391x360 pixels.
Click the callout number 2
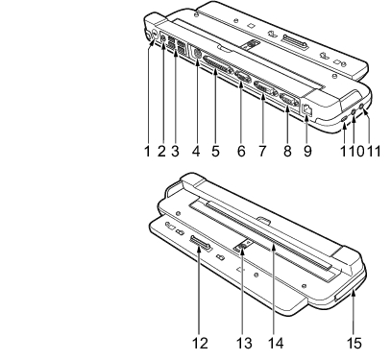click(x=161, y=151)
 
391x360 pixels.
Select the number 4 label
click(x=196, y=151)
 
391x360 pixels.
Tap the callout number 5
click(x=215, y=151)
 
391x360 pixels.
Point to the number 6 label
click(x=241, y=151)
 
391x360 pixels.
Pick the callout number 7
click(x=262, y=151)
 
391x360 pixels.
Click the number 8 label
click(x=287, y=151)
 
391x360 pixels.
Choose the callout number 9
click(x=307, y=151)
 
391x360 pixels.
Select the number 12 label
click(x=200, y=344)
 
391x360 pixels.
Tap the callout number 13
click(x=244, y=344)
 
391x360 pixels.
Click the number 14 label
click(x=276, y=344)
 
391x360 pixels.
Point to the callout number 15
click(x=354, y=344)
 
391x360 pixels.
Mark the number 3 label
click(x=175, y=151)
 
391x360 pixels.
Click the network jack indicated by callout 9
click(x=306, y=109)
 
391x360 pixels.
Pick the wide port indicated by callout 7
click(x=265, y=88)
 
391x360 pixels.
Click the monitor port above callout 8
click(x=289, y=101)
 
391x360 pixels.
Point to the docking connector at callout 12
click(x=200, y=244)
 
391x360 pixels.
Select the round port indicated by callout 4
click(x=196, y=54)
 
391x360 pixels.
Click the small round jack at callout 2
click(x=163, y=38)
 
